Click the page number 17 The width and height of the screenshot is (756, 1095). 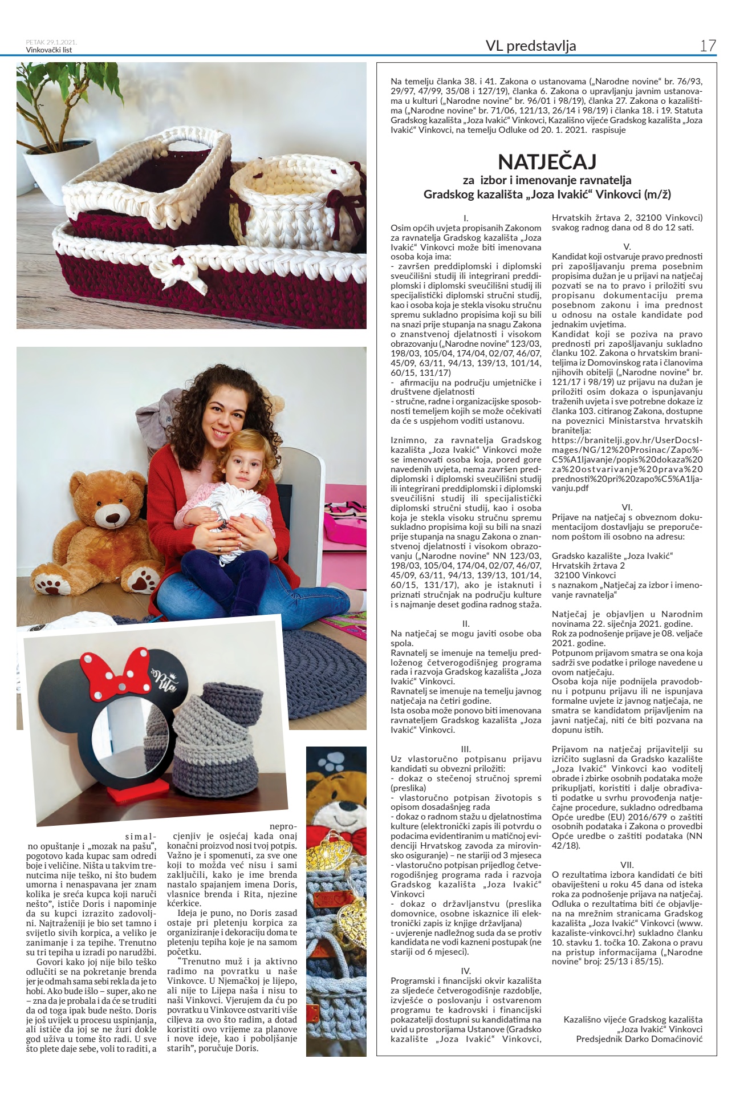[x=708, y=46]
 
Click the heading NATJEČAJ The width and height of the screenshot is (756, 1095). [x=547, y=162]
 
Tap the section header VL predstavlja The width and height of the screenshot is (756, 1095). [x=530, y=46]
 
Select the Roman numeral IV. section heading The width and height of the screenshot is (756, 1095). [x=466, y=970]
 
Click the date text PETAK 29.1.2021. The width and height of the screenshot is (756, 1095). [x=51, y=42]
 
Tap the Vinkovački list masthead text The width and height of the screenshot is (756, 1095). [x=49, y=50]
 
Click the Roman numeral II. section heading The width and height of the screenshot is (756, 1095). [x=466, y=624]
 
